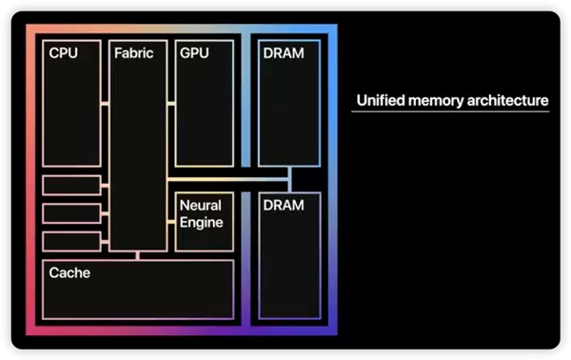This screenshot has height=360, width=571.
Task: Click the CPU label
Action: tap(64, 53)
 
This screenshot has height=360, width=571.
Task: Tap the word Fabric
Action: tap(133, 53)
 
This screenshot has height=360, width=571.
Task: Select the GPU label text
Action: tap(194, 53)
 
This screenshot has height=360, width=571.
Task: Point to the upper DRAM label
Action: tap(284, 53)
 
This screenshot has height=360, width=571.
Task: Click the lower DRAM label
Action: tap(284, 205)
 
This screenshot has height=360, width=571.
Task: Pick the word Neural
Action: tap(200, 205)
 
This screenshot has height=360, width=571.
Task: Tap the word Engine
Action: tap(202, 223)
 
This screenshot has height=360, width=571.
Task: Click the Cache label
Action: tap(69, 273)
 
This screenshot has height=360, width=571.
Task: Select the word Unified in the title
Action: tap(381, 100)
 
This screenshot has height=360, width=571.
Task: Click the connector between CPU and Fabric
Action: tap(105, 104)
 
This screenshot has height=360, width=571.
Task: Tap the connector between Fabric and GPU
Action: tap(171, 104)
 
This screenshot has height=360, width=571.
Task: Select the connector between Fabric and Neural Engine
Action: tap(171, 222)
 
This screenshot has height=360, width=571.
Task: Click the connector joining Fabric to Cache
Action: tap(138, 256)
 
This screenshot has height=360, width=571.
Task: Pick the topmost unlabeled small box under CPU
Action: tap(71, 185)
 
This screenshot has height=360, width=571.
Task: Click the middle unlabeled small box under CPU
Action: tap(71, 213)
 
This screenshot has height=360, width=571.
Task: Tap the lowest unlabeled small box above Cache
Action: tap(71, 242)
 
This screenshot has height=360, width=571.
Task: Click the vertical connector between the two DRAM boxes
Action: tap(290, 180)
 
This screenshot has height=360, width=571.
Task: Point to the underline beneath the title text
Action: tap(450, 111)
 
